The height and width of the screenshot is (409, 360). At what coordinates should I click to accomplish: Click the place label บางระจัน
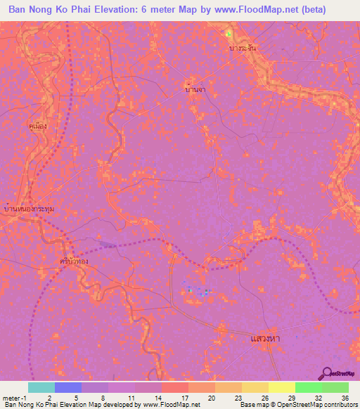coord(241,48)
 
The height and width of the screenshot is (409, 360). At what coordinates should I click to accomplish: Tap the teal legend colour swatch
coord(41,387)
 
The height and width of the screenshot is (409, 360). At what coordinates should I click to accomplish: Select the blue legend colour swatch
coord(68,387)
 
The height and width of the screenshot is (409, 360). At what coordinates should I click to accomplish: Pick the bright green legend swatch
coord(309,387)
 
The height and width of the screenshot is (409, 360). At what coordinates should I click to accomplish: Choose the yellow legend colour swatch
coord(282,387)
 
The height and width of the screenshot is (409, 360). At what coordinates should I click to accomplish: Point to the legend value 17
coord(184,397)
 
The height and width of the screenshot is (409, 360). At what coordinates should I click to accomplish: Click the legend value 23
coord(237,397)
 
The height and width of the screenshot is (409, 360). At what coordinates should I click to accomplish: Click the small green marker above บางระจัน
coord(229,34)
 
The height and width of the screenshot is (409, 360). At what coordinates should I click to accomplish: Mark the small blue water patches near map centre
coord(197,290)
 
